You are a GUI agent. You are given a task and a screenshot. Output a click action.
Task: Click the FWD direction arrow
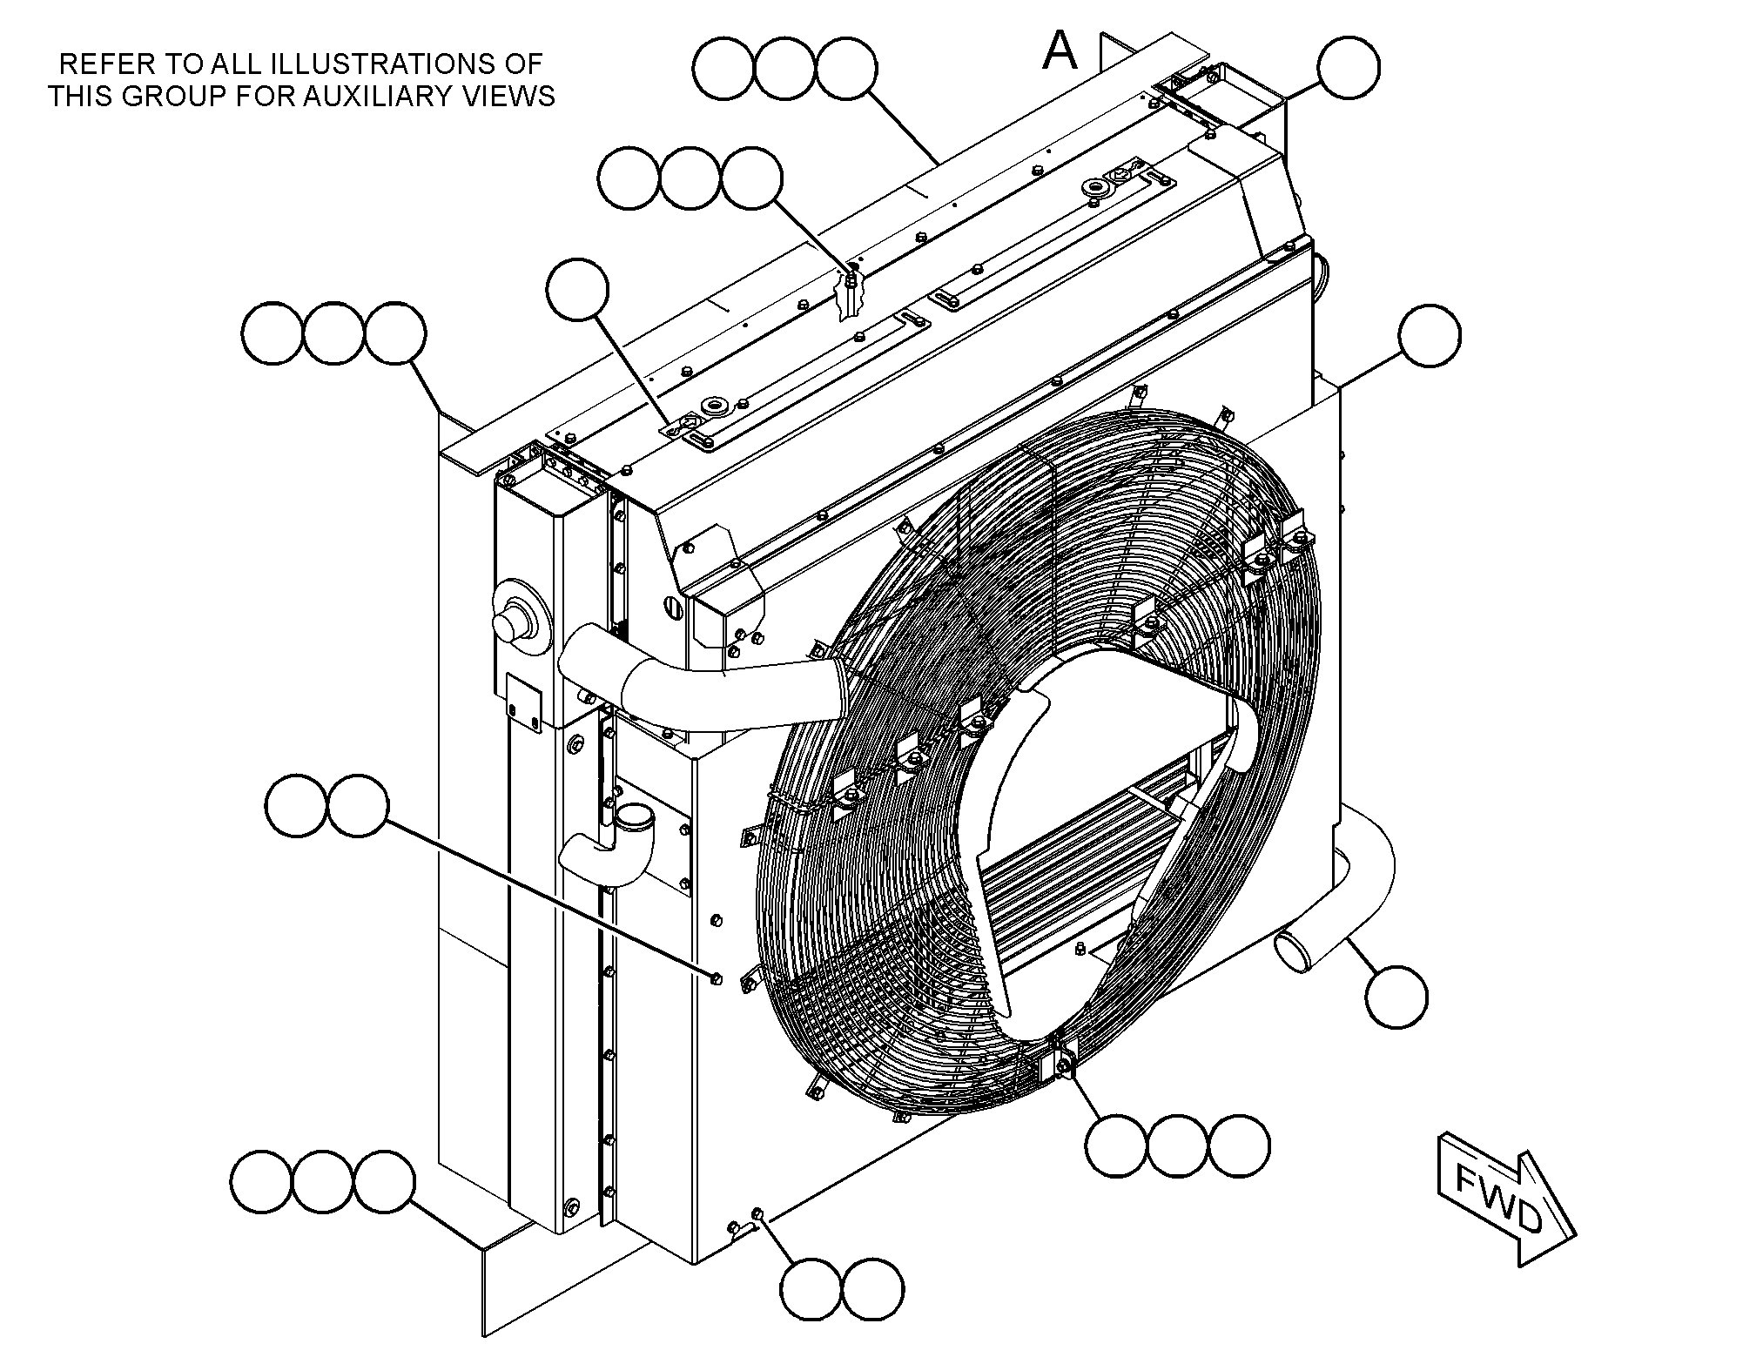coord(1505,1199)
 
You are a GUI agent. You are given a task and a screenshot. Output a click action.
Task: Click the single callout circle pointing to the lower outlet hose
coord(1396,997)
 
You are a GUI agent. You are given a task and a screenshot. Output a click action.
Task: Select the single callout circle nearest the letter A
coord(1349,67)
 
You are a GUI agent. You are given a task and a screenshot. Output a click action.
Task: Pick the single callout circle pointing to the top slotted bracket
coord(577,289)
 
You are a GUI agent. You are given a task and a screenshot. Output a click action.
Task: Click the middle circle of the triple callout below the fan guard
coord(1178,1145)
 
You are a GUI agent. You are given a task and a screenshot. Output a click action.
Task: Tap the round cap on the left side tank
coord(515,618)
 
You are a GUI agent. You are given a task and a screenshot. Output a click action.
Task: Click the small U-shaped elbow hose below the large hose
coord(605,845)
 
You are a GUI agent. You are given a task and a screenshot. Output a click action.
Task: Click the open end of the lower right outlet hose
coord(1293,951)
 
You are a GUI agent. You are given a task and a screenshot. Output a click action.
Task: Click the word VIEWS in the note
coord(515,95)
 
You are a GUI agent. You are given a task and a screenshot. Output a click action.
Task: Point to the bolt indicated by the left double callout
coord(716,980)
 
